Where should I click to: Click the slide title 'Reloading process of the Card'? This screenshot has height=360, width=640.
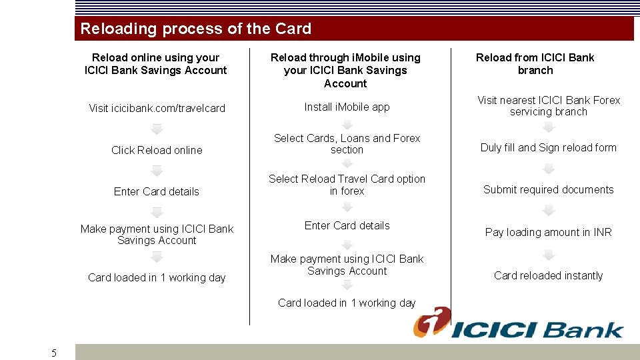[195, 29]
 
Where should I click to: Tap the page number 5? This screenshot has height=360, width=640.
[54, 353]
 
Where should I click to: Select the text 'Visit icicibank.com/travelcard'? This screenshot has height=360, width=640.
[157, 108]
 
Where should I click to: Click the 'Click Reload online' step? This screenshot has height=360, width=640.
[157, 151]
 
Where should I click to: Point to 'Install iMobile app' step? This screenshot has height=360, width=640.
[347, 107]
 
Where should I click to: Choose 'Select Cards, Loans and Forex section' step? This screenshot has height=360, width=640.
[347, 144]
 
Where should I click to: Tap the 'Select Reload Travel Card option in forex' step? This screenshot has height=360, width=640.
[347, 185]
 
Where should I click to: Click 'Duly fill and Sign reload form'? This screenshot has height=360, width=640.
[548, 148]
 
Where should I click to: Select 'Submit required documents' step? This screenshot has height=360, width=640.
[548, 190]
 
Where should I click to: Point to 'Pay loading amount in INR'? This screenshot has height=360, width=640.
[548, 233]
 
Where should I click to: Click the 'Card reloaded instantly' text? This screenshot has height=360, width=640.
[548, 276]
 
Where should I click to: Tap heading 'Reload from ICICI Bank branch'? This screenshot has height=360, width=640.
[535, 64]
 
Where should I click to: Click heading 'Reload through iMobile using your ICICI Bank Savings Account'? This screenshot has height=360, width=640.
[345, 71]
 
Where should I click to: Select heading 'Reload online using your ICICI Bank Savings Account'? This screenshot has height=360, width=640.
[156, 64]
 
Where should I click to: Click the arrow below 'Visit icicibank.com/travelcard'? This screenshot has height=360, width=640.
[157, 129]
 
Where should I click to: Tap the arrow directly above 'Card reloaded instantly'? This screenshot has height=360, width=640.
[548, 255]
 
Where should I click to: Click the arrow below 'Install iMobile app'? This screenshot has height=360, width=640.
[347, 123]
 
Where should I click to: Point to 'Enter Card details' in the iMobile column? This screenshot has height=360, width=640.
[347, 226]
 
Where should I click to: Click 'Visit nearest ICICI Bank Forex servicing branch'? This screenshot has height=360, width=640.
[548, 106]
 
